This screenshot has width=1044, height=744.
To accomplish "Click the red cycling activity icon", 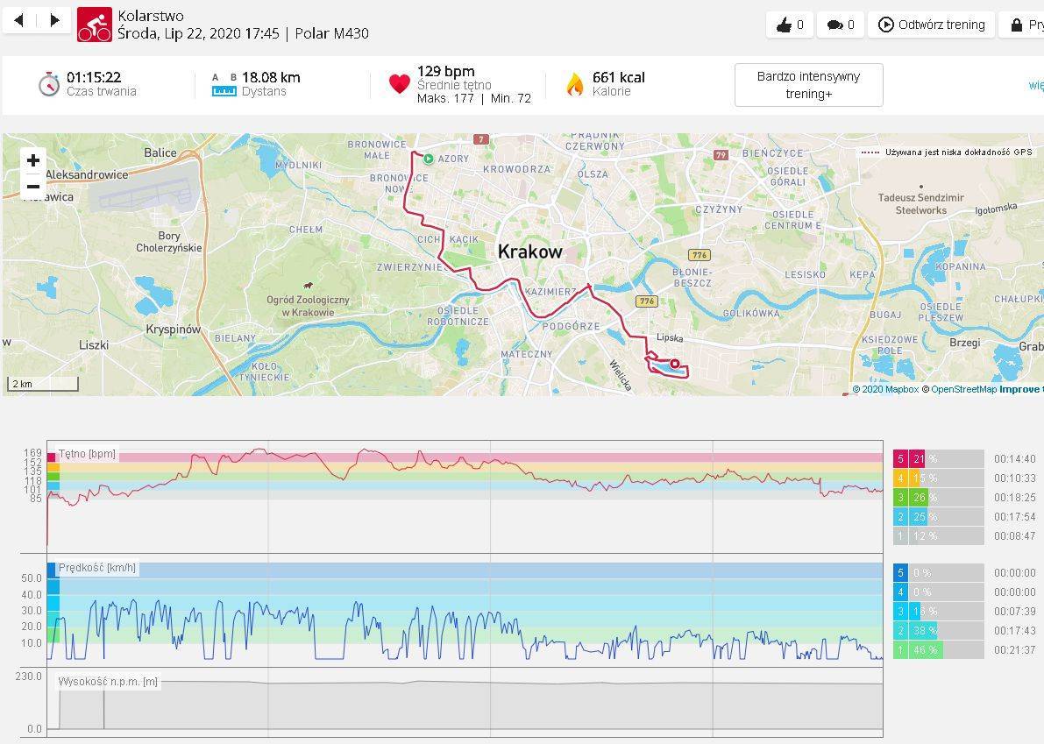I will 95,25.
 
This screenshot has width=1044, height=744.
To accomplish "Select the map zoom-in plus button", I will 33,160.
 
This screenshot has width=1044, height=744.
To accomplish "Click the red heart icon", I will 400,84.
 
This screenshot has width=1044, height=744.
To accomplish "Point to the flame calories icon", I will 575,84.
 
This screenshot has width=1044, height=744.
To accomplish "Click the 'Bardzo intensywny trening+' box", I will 808,85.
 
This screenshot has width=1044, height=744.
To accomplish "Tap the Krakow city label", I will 529,252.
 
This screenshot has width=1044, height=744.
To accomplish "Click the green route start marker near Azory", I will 429,159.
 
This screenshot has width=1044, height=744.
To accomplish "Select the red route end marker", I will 675,364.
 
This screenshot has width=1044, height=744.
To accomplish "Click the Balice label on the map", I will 160,152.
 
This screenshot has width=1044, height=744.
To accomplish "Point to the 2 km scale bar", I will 43,384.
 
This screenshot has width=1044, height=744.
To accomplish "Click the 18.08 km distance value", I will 271,77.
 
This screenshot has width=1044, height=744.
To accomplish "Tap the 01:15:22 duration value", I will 94,77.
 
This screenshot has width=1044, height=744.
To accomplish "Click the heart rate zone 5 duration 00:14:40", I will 1014,458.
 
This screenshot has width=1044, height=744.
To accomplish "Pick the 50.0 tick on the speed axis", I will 32,578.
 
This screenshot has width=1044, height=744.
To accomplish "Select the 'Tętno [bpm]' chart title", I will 87,455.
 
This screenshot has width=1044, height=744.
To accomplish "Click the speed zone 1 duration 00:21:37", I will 1014,650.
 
